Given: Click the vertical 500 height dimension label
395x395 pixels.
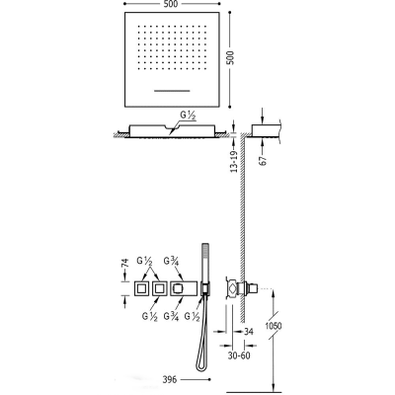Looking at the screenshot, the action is click(231, 57).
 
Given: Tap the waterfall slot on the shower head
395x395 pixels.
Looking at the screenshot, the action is click(172, 90).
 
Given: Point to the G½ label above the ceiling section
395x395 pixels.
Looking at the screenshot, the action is click(188, 116).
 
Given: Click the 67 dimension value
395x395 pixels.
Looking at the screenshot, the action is click(264, 160).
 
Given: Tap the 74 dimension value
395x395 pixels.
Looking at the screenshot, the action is click(124, 263).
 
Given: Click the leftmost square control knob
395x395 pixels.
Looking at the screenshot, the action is click(141, 288).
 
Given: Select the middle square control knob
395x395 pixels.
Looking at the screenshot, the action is click(160, 288).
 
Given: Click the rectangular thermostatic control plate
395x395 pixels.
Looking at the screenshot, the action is click(184, 288).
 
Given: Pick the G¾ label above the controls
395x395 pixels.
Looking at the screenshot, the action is click(172, 261).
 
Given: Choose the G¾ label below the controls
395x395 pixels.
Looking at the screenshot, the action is click(171, 316).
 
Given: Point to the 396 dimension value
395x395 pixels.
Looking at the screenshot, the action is click(170, 379).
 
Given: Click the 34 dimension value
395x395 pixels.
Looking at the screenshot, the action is click(249, 332).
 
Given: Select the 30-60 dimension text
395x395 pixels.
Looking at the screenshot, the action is click(239, 355).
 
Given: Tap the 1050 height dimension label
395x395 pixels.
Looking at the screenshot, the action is click(274, 326).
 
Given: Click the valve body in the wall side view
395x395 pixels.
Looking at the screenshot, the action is click(241, 288).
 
